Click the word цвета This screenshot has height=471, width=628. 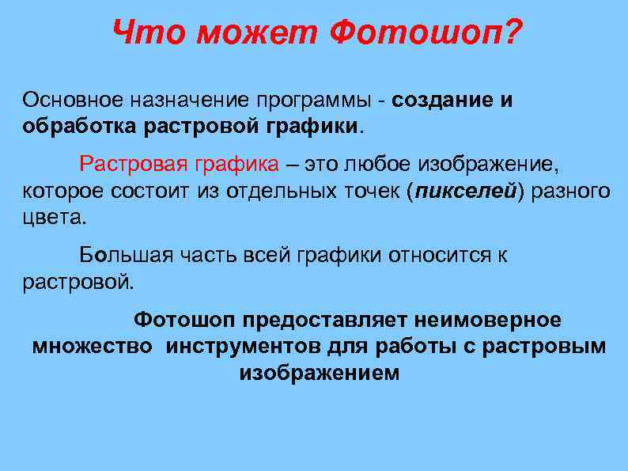51,216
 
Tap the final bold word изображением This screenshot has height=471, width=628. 319,372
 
